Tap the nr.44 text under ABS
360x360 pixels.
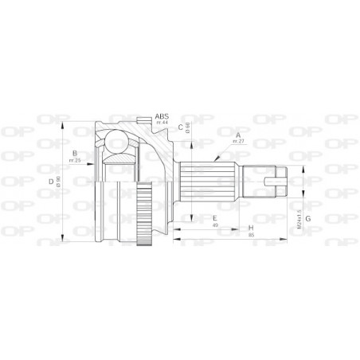click(x=162, y=122)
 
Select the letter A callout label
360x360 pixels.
click(x=237, y=134)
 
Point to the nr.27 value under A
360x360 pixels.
click(x=237, y=140)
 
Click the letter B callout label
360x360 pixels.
click(x=73, y=154)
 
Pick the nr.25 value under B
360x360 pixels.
click(x=73, y=161)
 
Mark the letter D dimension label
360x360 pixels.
click(x=51, y=182)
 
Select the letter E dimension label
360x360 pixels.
click(x=214, y=217)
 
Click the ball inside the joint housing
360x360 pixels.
click(x=117, y=143)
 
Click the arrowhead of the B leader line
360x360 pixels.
click(x=101, y=165)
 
